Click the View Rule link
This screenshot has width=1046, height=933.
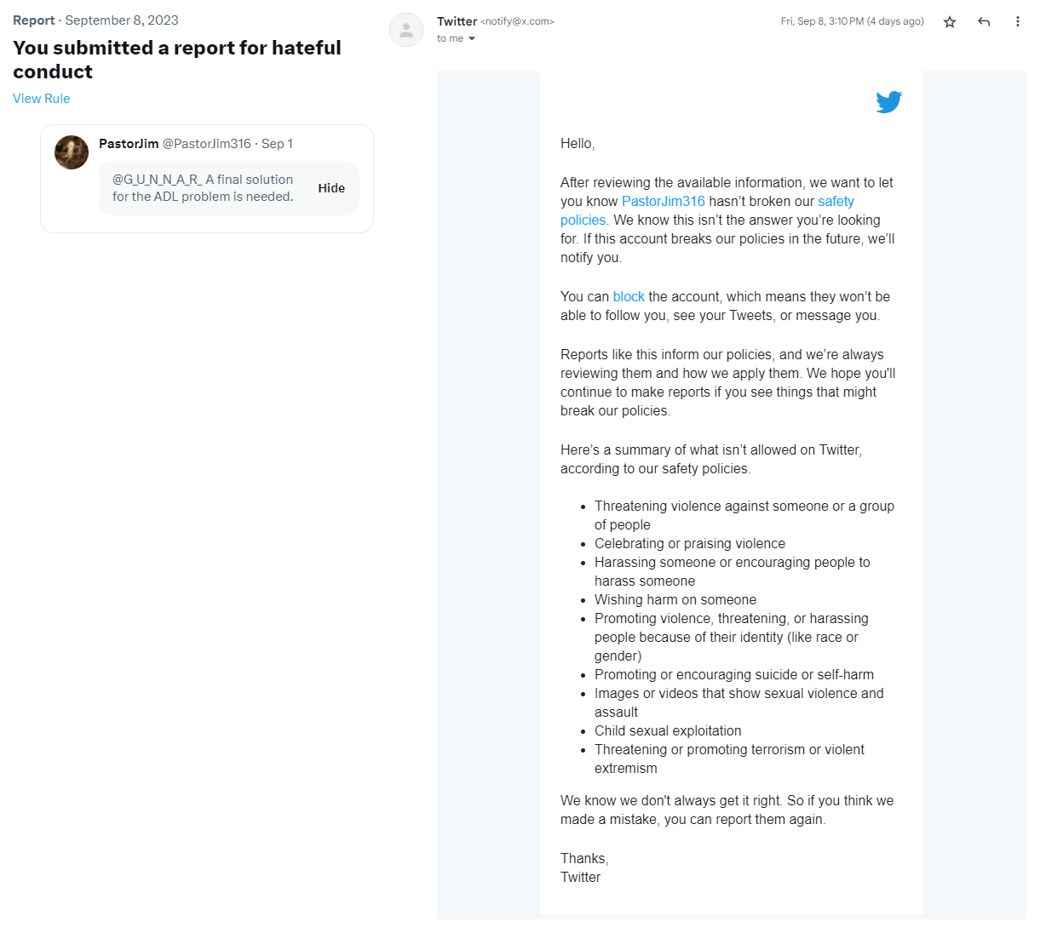tap(41, 99)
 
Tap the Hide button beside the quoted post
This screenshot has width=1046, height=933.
tap(331, 188)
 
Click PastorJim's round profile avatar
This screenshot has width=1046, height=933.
tap(72, 152)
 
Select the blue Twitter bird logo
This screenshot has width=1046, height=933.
tap(888, 102)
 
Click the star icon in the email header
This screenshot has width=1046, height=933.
tap(950, 22)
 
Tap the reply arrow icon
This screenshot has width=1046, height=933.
tap(984, 22)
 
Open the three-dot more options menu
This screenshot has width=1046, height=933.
tap(1017, 22)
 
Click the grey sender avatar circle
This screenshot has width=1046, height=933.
tap(406, 30)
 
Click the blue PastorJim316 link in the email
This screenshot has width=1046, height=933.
tap(663, 202)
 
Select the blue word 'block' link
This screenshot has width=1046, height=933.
tap(629, 297)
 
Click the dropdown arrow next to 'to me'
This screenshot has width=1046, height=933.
tap(472, 39)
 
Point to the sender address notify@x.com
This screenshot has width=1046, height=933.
tap(518, 22)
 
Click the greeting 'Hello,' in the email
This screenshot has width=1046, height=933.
tap(578, 144)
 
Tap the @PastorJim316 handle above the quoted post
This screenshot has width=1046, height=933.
tap(207, 144)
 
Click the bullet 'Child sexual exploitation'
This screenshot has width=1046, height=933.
tap(668, 731)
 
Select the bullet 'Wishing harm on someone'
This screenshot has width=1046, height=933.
tap(675, 600)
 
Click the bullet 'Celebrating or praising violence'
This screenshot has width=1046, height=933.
tap(689, 544)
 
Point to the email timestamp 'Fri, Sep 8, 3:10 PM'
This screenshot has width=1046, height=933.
tap(821, 22)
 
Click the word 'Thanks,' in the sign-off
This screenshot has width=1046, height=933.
tap(584, 859)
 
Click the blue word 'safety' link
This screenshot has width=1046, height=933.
tap(836, 202)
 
